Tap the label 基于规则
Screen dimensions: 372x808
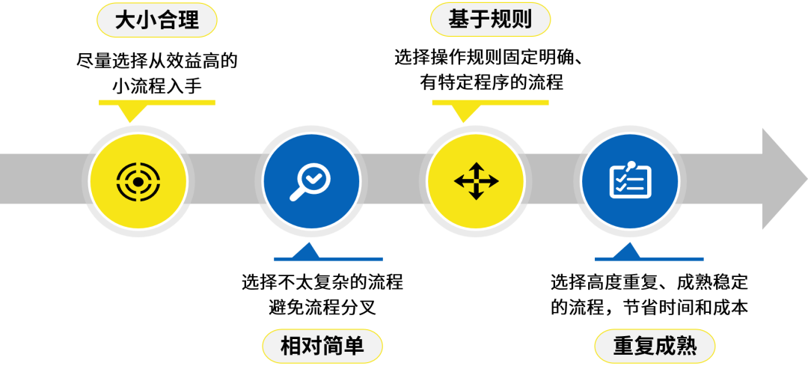490,19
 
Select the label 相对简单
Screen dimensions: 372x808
322,347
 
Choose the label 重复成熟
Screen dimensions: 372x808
655,347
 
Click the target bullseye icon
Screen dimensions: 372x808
138,180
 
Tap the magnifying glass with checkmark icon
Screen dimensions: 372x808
311,181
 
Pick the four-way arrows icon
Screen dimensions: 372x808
476,180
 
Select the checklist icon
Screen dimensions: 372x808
630,180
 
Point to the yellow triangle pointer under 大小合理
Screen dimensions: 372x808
132,113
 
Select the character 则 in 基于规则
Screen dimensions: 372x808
521,19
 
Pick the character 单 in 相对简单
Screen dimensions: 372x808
354,347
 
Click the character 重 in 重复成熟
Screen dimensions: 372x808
623,347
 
